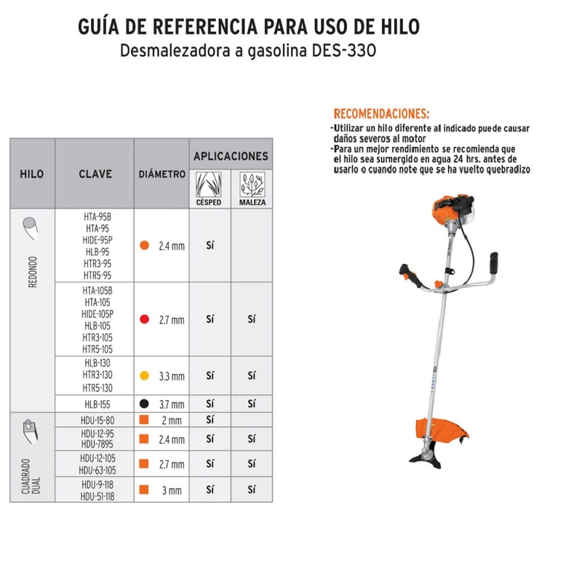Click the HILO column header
tap(32, 174)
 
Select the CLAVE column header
tap(95, 174)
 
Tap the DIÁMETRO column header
tap(162, 175)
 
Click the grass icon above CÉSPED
tap(209, 185)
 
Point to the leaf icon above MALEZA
tap(252, 185)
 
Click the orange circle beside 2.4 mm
tap(145, 246)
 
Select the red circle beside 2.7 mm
tap(145, 319)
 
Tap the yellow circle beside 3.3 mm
tap(145, 376)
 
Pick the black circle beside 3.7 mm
tap(145, 404)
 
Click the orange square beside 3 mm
tap(145, 490)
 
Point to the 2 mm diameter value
tap(172, 420)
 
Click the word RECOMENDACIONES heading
tap(381, 114)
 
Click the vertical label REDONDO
tap(33, 271)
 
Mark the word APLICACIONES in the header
tap(231, 156)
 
